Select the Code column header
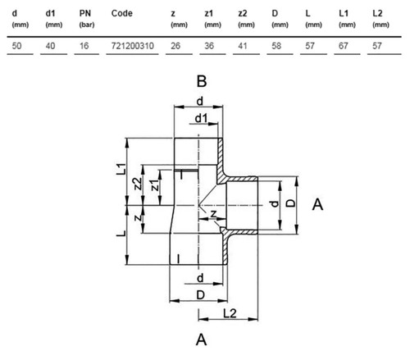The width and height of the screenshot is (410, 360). pos(122,13)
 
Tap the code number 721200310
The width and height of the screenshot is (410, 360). pos(132,46)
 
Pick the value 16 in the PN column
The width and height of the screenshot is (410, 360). pos(84,46)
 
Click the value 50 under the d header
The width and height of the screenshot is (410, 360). pos(16,46)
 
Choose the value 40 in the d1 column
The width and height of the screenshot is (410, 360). pos(50,46)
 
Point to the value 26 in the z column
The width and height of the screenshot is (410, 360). pos(175,46)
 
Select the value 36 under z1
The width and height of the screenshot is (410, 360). pos(209,46)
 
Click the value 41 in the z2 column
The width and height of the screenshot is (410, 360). pos(243,46)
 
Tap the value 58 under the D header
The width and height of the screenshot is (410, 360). pos(276,46)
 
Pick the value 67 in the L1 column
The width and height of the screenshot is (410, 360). pos(344,46)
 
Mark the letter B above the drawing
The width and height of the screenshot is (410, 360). pos(202,81)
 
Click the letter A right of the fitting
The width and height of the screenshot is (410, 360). pos(317,204)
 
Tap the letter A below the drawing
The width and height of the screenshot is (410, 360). pos(202,339)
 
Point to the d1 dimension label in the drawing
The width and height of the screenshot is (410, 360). pos(201,118)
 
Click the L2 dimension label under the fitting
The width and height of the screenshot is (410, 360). pos(230,313)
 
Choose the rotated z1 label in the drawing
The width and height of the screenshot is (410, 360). pos(155,185)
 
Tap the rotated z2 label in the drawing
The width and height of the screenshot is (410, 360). pos(138,184)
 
